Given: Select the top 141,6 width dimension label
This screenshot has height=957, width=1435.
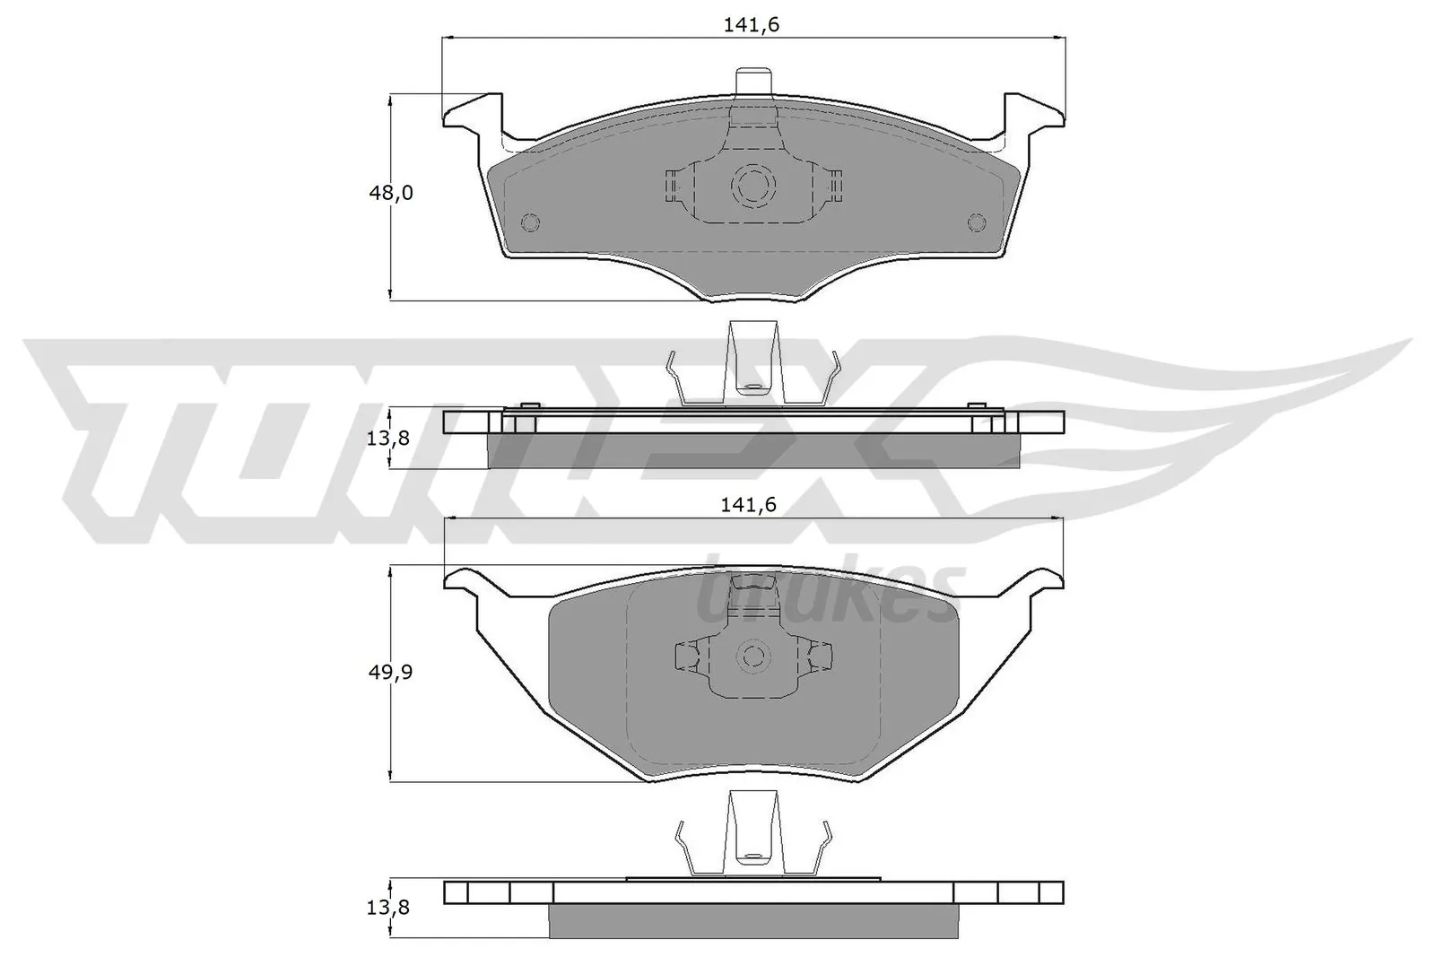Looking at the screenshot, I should click(x=752, y=26).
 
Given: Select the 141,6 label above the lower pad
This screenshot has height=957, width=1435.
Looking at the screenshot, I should click(x=748, y=506).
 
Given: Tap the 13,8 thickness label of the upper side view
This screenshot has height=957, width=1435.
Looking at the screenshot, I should click(x=389, y=439).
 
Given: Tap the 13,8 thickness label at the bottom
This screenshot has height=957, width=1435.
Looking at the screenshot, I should click(x=389, y=907).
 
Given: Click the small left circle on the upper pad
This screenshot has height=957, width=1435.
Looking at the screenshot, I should click(x=530, y=222).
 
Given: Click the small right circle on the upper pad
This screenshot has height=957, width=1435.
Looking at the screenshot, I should click(x=977, y=222).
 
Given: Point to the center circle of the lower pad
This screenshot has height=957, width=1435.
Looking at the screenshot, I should click(x=752, y=656).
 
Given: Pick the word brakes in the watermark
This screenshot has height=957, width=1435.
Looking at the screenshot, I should click(x=830, y=594).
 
